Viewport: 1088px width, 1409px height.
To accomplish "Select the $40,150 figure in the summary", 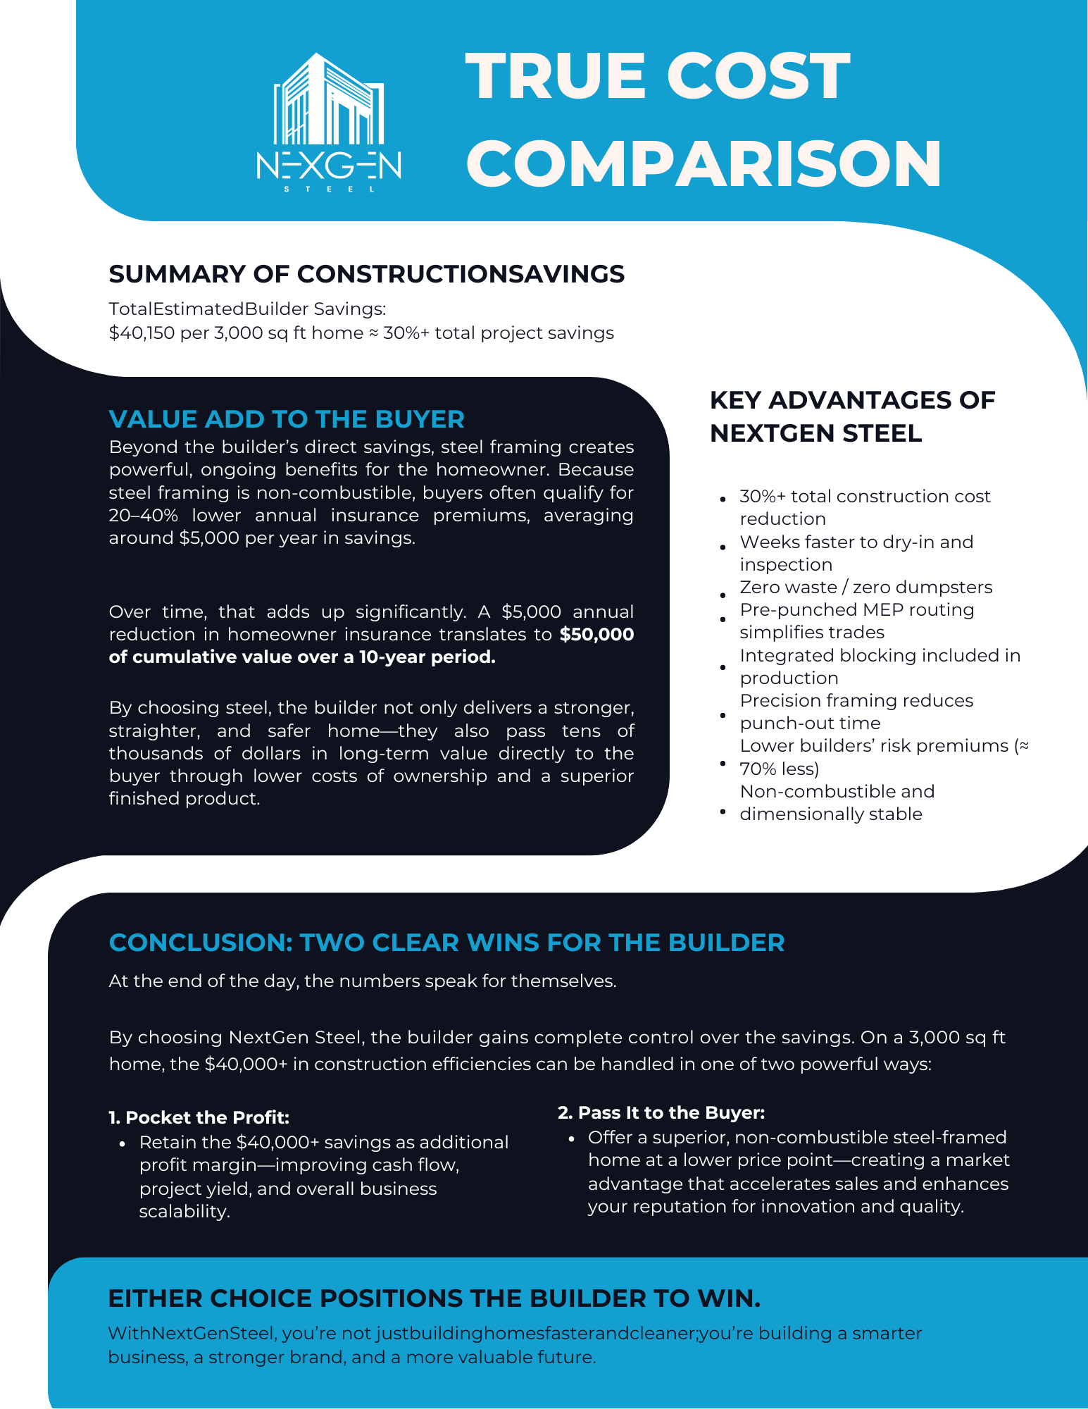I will coord(141,333).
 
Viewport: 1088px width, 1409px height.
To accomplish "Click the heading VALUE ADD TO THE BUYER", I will coord(287,419).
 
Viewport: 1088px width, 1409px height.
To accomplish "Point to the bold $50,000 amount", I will coord(596,635).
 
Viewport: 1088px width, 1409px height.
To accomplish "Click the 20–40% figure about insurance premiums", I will coord(144,516).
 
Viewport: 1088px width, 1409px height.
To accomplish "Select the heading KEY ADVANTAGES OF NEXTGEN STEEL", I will coord(852,416).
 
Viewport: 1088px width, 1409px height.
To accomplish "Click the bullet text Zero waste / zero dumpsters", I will coord(865,588).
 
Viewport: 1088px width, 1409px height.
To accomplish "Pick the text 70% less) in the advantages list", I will coord(779,769).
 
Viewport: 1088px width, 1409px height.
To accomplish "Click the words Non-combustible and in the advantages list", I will coord(837,792).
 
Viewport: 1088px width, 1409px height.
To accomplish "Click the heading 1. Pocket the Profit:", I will coord(199,1118).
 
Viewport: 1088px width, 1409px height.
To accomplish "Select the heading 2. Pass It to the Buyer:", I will coord(661,1113).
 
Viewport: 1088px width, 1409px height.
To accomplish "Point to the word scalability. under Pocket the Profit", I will coord(185,1212).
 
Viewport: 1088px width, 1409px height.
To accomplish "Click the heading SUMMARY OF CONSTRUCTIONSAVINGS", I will coord(366,274).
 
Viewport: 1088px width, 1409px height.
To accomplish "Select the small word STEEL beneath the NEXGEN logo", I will coord(328,189).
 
